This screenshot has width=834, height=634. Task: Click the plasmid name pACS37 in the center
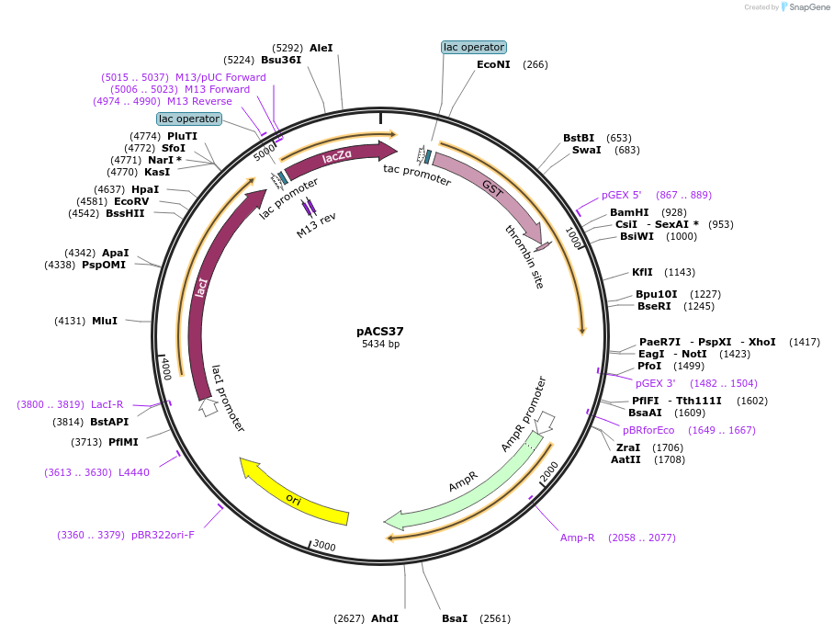(380, 331)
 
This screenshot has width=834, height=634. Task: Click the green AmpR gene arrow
(459, 487)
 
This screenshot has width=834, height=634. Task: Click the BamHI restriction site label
(629, 212)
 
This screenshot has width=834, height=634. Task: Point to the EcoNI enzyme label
(493, 64)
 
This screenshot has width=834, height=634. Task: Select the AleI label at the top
(321, 48)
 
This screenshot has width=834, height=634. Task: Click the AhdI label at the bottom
(384, 618)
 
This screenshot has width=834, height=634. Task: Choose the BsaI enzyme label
(455, 618)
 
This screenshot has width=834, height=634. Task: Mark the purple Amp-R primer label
(578, 538)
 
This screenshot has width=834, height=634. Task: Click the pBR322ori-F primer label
(163, 535)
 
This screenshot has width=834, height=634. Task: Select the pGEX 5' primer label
(622, 195)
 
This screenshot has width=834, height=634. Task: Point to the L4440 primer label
(134, 472)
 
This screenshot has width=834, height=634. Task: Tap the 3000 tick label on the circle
(324, 546)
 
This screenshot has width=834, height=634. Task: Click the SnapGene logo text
(806, 7)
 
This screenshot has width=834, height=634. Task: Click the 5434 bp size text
(380, 345)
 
